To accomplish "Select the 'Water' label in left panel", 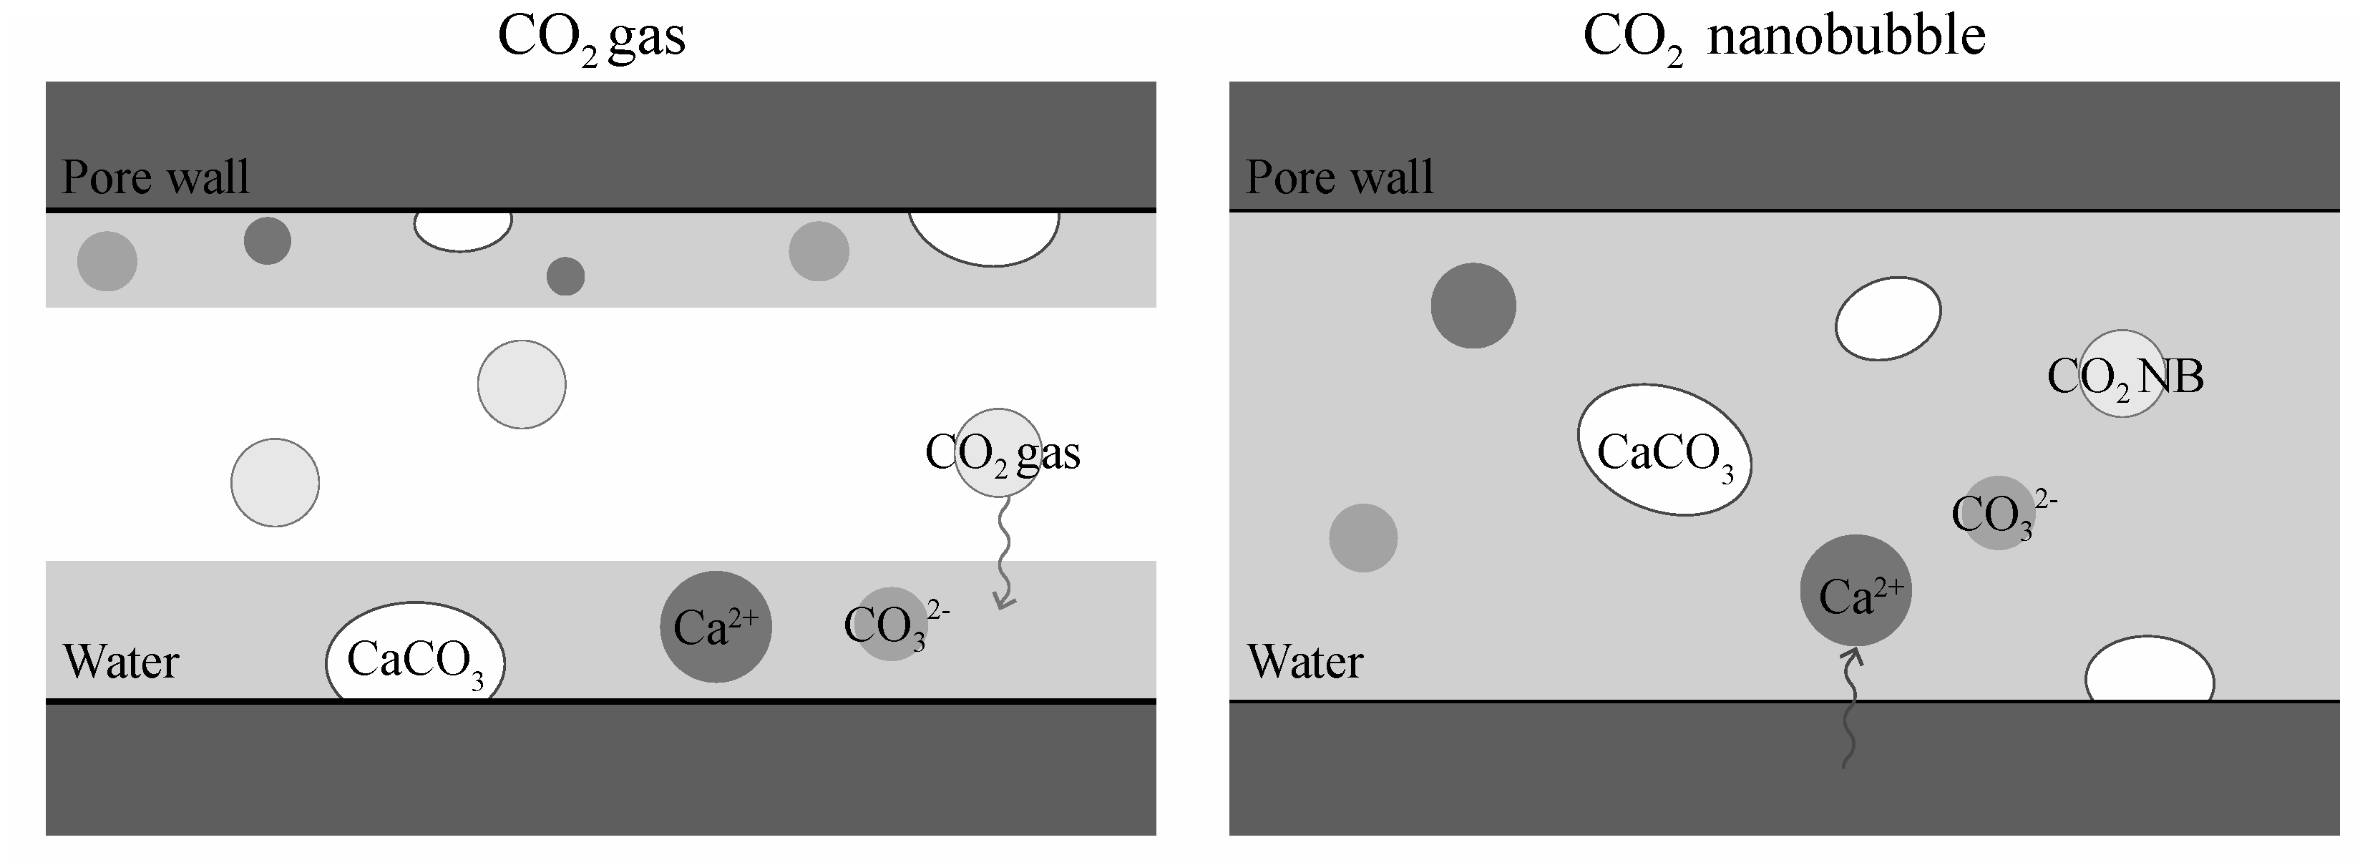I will (x=120, y=662).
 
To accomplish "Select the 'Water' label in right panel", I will (x=1305, y=662).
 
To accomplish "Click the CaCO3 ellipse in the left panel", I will (x=415, y=653).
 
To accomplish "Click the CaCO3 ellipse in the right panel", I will (x=1664, y=449).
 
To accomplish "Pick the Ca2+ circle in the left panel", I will (x=716, y=627).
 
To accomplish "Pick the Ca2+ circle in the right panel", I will (x=1856, y=590).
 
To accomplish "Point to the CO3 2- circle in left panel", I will (x=890, y=624).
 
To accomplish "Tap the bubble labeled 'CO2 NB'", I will (x=2122, y=374).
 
